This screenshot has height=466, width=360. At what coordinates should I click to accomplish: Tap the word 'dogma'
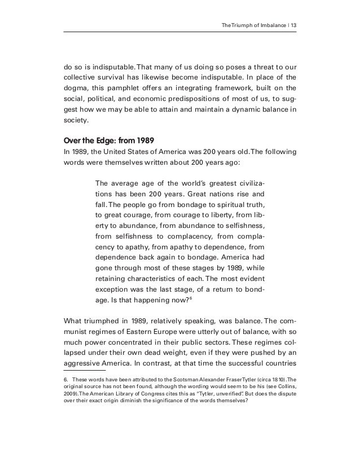tap(76, 87)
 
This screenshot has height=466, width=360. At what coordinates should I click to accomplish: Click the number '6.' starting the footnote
tap(66, 380)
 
